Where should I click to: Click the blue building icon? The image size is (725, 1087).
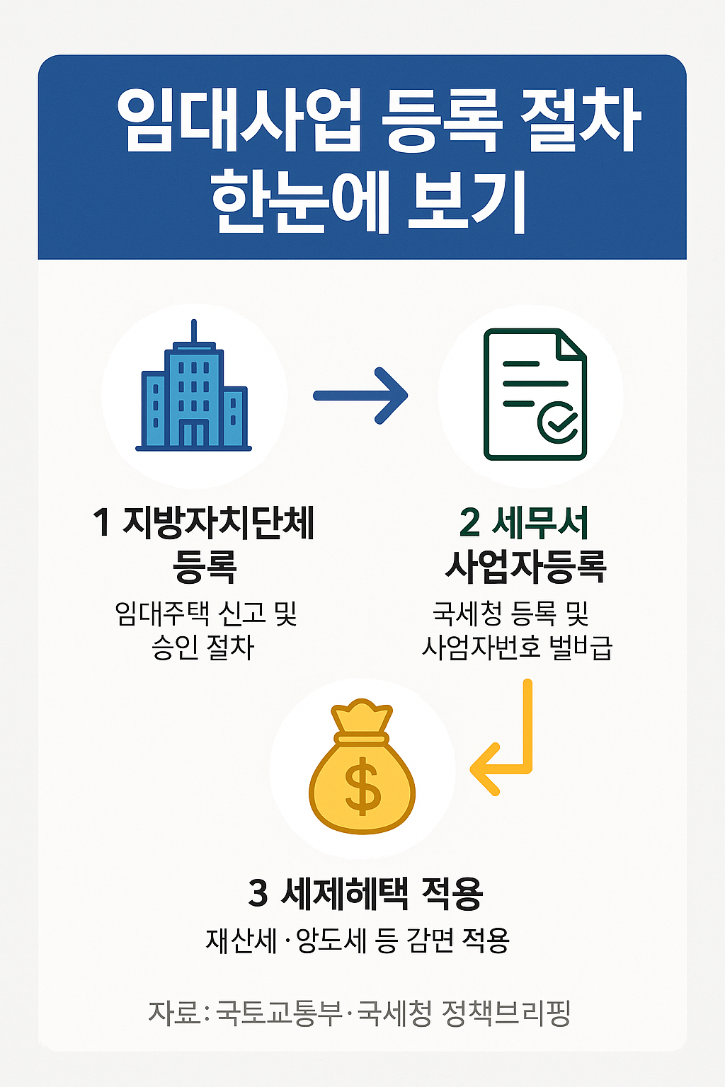tap(194, 396)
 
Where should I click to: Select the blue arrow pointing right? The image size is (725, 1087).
tap(360, 396)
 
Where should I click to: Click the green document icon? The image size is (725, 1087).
tap(535, 395)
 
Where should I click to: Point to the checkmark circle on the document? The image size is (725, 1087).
tap(557, 422)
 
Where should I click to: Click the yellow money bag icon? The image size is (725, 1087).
tap(362, 768)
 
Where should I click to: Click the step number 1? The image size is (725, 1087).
tap(102, 523)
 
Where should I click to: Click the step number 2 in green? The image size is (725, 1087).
tap(469, 523)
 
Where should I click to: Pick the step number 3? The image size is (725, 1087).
tap(258, 893)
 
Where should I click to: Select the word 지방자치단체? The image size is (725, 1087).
tap(219, 523)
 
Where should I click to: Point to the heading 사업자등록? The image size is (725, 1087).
tap(525, 565)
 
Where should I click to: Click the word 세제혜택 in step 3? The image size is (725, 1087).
tap(345, 893)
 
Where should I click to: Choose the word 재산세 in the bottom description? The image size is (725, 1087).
tap(241, 941)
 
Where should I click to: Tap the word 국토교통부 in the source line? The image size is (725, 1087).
tap(279, 1013)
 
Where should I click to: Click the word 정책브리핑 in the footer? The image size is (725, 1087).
tap(506, 1013)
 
